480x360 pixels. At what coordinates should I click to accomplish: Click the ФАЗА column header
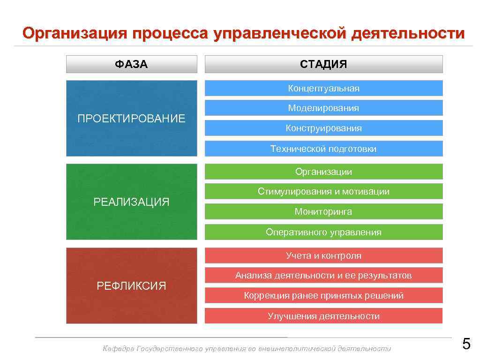(x=131, y=64)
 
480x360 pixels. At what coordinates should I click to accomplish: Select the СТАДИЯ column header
(x=323, y=64)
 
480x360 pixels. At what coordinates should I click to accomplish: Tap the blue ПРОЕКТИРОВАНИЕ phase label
(x=131, y=118)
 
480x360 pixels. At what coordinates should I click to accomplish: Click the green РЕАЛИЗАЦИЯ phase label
(x=131, y=202)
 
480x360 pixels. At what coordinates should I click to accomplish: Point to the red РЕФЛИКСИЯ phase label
(x=131, y=285)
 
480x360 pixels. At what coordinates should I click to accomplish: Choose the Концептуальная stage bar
(x=323, y=88)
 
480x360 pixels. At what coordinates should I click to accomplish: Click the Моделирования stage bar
(x=323, y=108)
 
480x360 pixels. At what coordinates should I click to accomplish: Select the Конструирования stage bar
(x=323, y=128)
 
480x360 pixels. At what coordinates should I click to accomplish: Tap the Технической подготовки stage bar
(x=323, y=149)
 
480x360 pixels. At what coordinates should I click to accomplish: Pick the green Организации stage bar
(x=323, y=172)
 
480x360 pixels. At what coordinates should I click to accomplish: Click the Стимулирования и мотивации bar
(x=323, y=191)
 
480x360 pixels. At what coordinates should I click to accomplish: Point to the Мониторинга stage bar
(x=323, y=211)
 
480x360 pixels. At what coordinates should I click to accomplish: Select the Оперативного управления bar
(x=323, y=232)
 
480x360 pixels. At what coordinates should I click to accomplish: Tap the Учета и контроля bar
(x=323, y=255)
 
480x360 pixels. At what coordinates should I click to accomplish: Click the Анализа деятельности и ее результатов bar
(x=323, y=275)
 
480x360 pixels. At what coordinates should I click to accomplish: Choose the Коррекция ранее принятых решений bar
(x=323, y=295)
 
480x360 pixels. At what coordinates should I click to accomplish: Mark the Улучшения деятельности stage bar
(x=323, y=316)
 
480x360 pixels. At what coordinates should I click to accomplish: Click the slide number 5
(x=466, y=345)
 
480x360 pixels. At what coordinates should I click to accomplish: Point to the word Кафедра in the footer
(x=118, y=348)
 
